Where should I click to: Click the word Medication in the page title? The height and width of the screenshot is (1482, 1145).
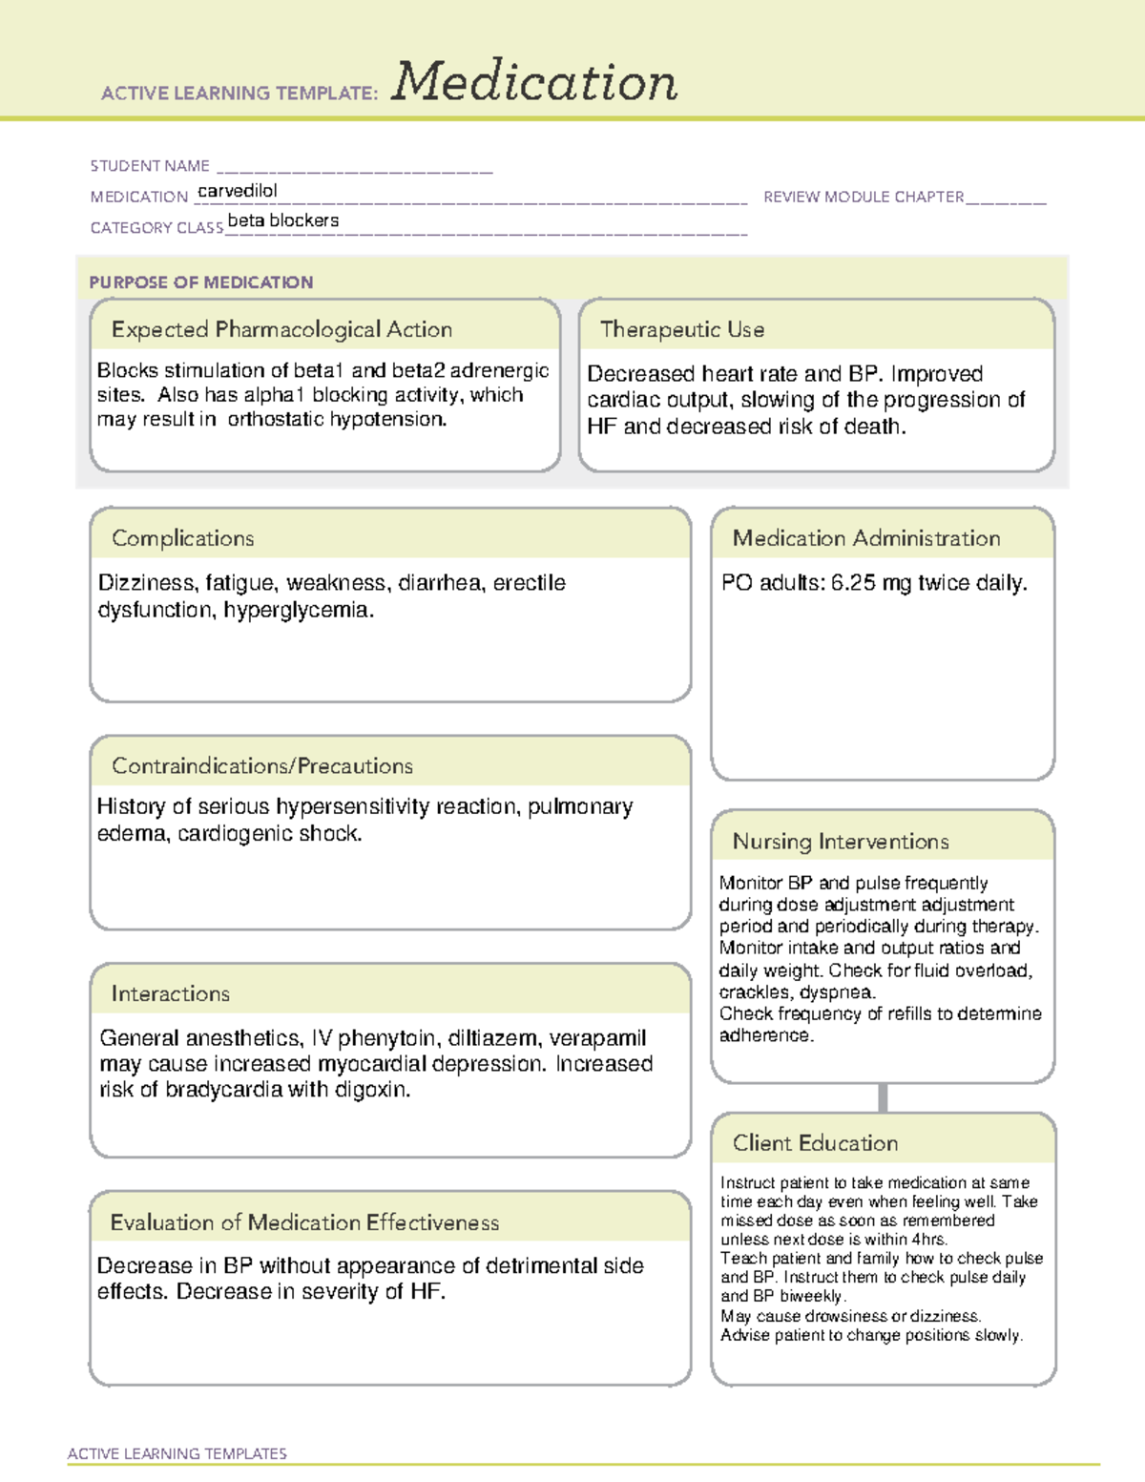pyautogui.click(x=534, y=82)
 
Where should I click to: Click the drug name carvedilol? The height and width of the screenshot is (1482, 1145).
pyautogui.click(x=238, y=191)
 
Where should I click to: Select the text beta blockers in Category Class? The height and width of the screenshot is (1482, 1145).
pyautogui.click(x=283, y=220)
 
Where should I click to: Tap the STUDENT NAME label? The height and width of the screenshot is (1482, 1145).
pyautogui.click(x=150, y=166)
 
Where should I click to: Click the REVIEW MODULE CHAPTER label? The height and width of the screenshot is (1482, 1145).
pyautogui.click(x=864, y=197)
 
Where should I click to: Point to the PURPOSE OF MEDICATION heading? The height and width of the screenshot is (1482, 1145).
pyautogui.click(x=200, y=282)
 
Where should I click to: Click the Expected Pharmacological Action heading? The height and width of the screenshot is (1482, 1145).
pyautogui.click(x=281, y=329)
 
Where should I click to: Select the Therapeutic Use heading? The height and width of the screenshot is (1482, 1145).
pyautogui.click(x=682, y=329)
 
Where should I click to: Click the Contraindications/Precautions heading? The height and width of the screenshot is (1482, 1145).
pyautogui.click(x=262, y=765)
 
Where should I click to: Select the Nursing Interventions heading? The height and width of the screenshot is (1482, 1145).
pyautogui.click(x=841, y=841)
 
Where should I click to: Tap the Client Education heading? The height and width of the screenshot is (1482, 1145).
pyautogui.click(x=815, y=1142)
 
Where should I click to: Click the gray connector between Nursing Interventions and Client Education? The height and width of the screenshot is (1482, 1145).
pyautogui.click(x=883, y=1097)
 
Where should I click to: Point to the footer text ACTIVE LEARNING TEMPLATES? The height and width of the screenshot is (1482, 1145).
pyautogui.click(x=177, y=1453)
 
